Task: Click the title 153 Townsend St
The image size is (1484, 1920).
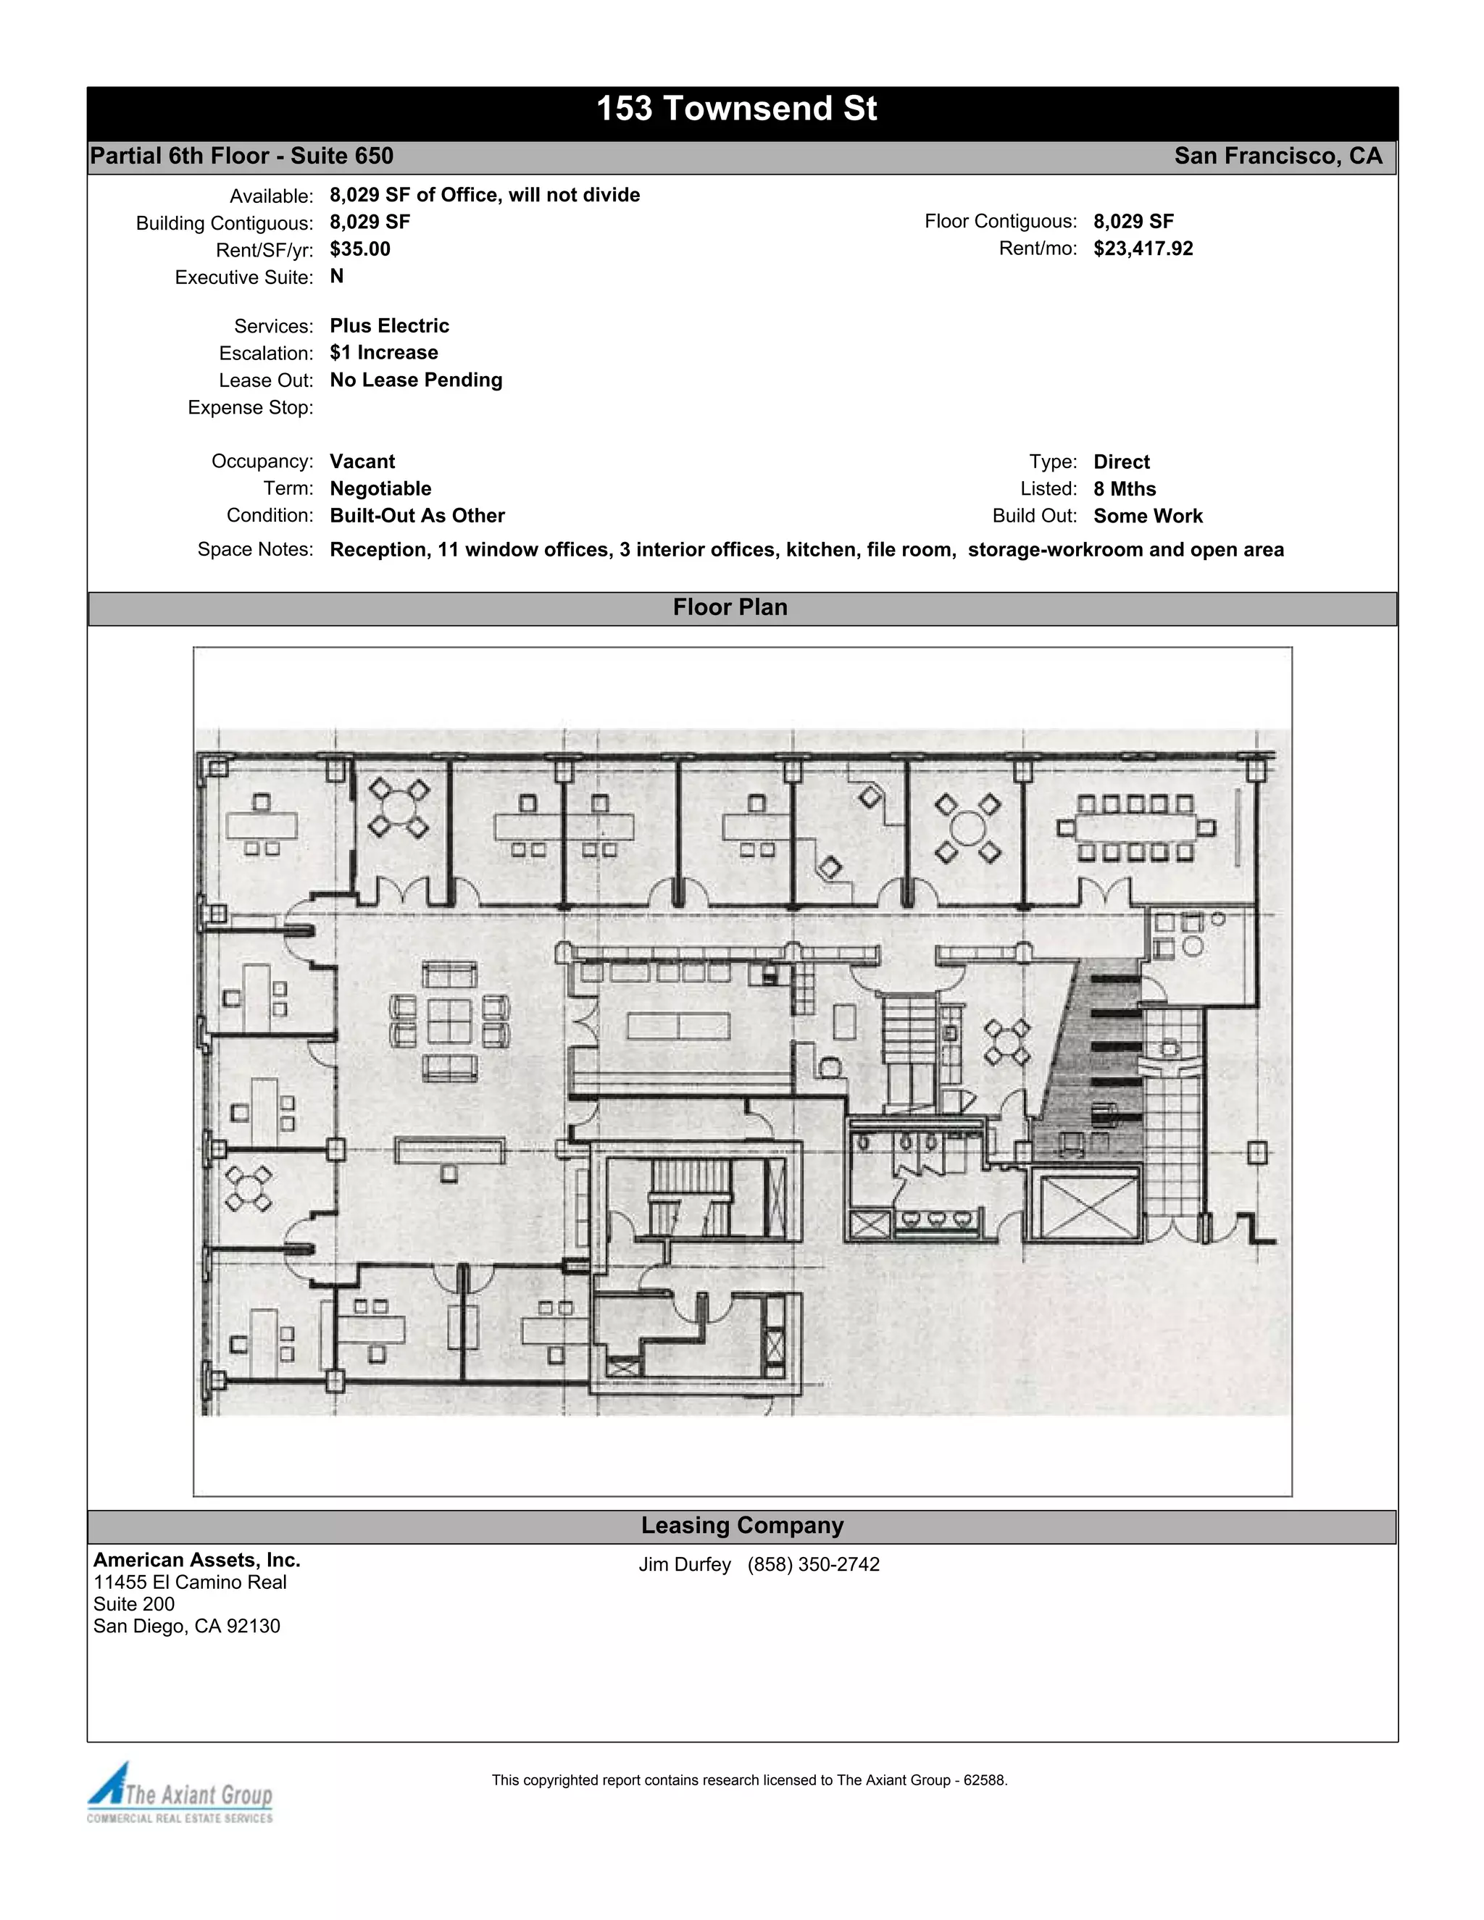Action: pyautogui.click(x=737, y=109)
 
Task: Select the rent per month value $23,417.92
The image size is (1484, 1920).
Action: pyautogui.click(x=1143, y=249)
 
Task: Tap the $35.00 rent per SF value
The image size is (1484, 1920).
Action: pyautogui.click(x=360, y=249)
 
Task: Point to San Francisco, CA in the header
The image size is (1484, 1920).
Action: pyautogui.click(x=1278, y=156)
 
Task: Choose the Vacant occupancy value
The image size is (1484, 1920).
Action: pyautogui.click(x=362, y=462)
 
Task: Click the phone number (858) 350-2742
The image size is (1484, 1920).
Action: pyautogui.click(x=813, y=1565)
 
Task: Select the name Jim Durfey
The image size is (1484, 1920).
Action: pyautogui.click(x=685, y=1565)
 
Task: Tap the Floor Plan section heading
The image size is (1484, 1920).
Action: pyautogui.click(x=730, y=607)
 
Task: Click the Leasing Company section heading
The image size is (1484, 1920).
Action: pyautogui.click(x=742, y=1525)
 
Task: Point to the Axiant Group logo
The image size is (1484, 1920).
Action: pyautogui.click(x=180, y=1793)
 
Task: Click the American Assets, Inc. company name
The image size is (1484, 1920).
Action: pyautogui.click(x=197, y=1560)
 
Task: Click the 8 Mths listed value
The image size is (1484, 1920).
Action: pyautogui.click(x=1125, y=489)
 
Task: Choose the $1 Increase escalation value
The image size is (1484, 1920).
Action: pyautogui.click(x=383, y=353)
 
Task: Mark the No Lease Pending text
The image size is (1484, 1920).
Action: pyautogui.click(x=416, y=380)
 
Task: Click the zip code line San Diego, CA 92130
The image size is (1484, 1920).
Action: pyautogui.click(x=186, y=1627)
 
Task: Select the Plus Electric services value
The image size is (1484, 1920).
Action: pyautogui.click(x=389, y=326)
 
